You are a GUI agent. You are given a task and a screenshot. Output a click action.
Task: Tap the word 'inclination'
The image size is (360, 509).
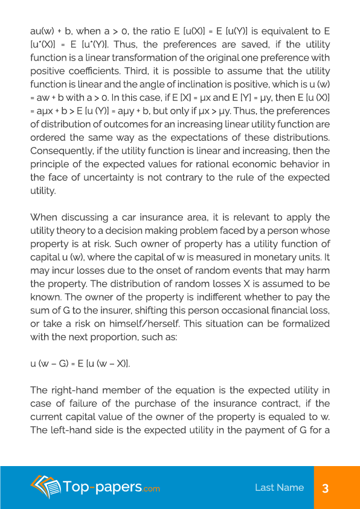[211, 85]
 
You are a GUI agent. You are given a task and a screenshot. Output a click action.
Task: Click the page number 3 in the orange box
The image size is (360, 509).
[325, 488]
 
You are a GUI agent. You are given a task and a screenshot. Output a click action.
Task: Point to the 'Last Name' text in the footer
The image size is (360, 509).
[279, 488]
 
